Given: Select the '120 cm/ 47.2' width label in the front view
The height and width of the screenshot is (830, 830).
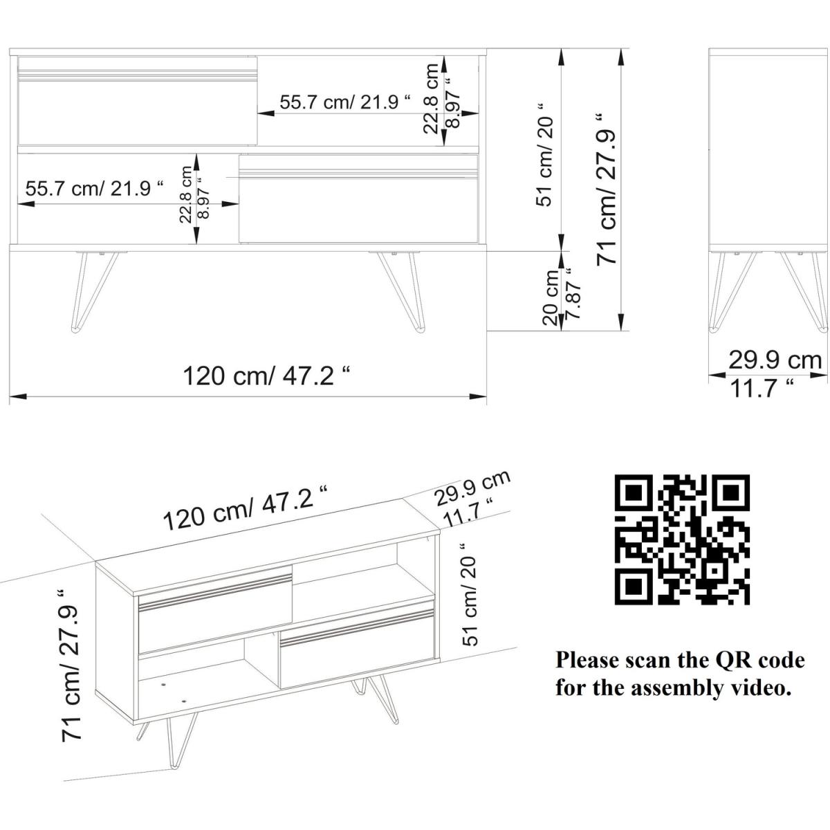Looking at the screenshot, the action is coord(266,376).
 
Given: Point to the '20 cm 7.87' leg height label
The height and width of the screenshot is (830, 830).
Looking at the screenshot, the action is coord(562,297).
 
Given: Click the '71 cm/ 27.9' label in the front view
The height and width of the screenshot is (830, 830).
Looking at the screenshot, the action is coord(607,189).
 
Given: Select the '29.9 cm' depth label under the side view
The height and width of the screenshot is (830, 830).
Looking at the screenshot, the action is coord(775,360).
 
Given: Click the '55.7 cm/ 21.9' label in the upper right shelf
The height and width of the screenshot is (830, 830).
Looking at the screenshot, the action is coord(345,102).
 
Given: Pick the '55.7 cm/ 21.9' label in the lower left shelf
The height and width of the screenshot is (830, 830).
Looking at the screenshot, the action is coord(94,188).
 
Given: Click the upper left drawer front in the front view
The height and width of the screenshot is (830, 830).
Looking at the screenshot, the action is coord(138,101).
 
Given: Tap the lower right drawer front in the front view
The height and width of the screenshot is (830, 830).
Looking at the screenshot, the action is coord(359,198).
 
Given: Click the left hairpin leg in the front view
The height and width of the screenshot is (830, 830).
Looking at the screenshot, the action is coord(94,292).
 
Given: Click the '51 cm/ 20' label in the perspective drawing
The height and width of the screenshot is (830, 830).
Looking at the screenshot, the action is coord(470,594).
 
